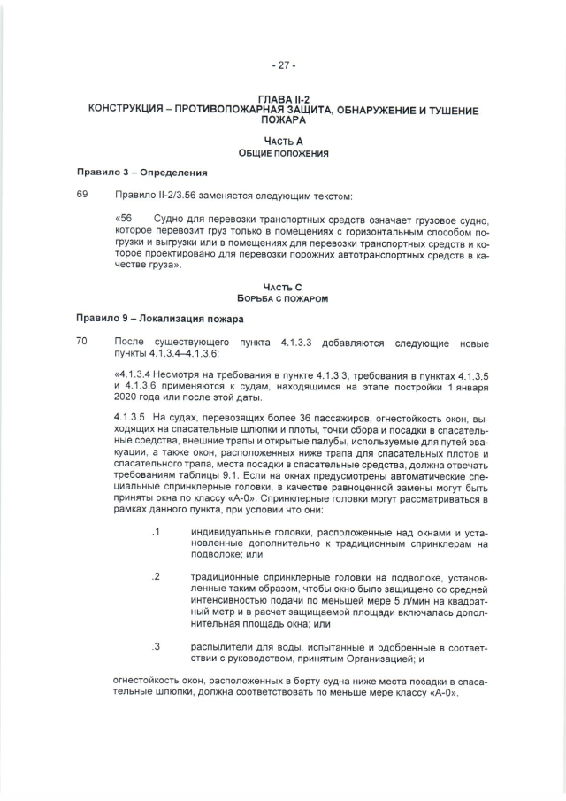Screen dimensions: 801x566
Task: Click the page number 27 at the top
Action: pyautogui.click(x=283, y=65)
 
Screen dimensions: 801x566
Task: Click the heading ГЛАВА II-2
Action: pyautogui.click(x=283, y=101)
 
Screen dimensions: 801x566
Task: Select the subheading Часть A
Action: pyautogui.click(x=283, y=142)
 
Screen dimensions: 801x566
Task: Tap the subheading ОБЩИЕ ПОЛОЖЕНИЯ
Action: pyautogui.click(x=283, y=153)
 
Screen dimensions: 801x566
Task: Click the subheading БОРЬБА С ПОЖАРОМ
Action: pyautogui.click(x=283, y=299)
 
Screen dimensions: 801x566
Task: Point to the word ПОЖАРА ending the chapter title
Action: pyautogui.click(x=283, y=120)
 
